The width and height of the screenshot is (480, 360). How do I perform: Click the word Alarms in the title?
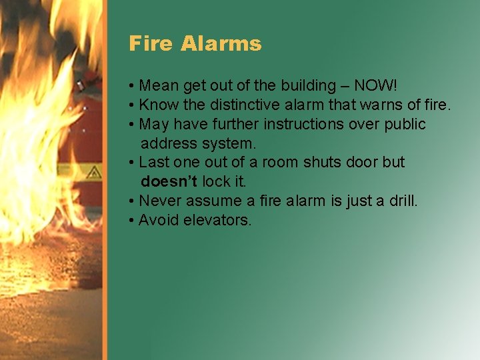pos(221,44)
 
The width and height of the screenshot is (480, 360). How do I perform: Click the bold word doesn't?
pos(169,181)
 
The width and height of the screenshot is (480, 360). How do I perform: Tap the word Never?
pos(159,201)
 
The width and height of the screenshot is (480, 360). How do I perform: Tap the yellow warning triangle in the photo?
pos(93,172)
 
